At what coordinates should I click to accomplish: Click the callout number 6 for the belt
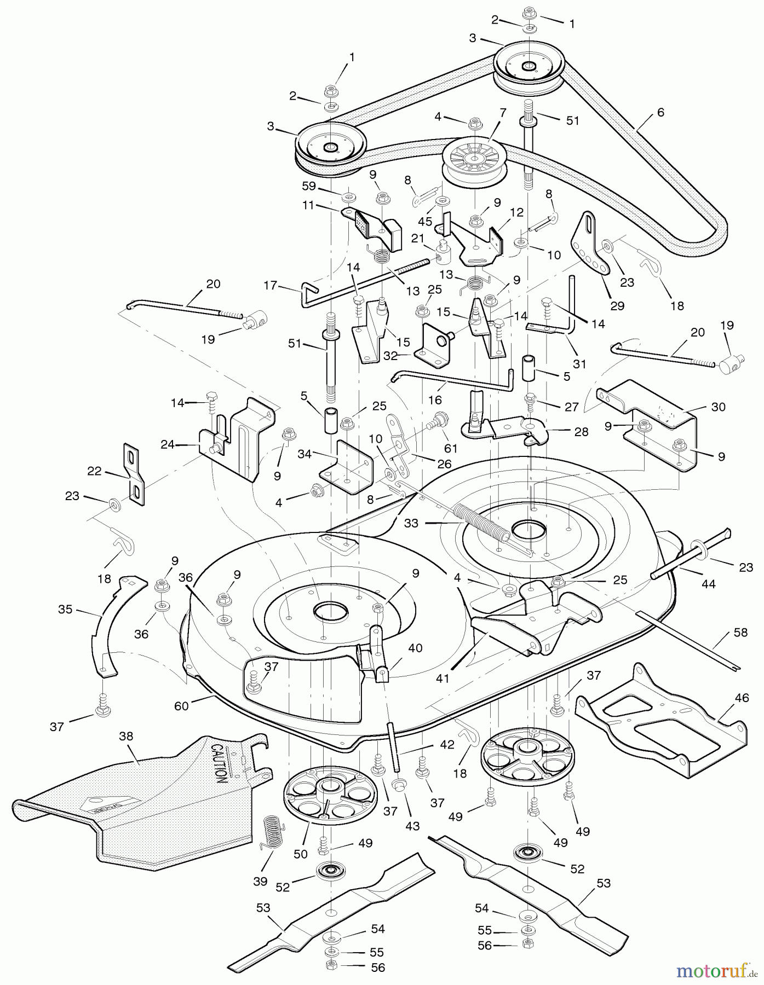[660, 112]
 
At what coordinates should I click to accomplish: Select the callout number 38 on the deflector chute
[126, 737]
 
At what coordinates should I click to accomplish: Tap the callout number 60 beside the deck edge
[181, 706]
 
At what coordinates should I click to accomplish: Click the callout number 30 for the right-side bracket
[718, 407]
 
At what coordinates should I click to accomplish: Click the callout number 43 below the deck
[412, 826]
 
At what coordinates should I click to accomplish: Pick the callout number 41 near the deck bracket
[443, 679]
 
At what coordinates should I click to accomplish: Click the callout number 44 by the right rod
[708, 584]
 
